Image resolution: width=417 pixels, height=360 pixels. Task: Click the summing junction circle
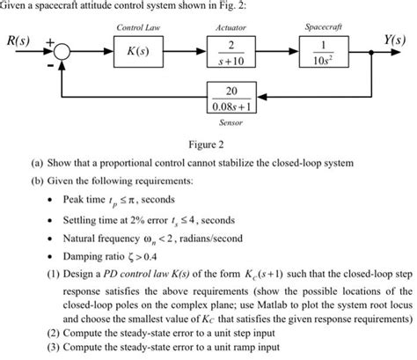[x=62, y=53]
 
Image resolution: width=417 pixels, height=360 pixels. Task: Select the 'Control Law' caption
[x=139, y=28]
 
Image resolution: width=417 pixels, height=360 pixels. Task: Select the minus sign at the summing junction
[x=48, y=64]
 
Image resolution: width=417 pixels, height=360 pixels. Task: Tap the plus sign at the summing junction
[x=49, y=40]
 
